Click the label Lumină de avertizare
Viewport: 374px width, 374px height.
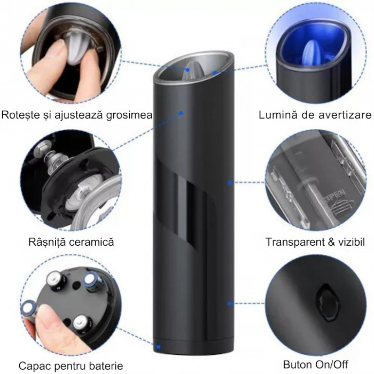point(315,115)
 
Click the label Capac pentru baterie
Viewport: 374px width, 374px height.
point(71,366)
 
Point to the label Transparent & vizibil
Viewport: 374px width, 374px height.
point(316,242)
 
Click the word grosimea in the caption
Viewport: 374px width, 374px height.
point(129,115)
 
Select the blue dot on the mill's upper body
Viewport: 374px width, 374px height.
point(182,113)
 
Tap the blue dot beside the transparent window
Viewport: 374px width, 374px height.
point(229,182)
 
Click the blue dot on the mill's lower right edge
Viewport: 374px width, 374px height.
point(229,303)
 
